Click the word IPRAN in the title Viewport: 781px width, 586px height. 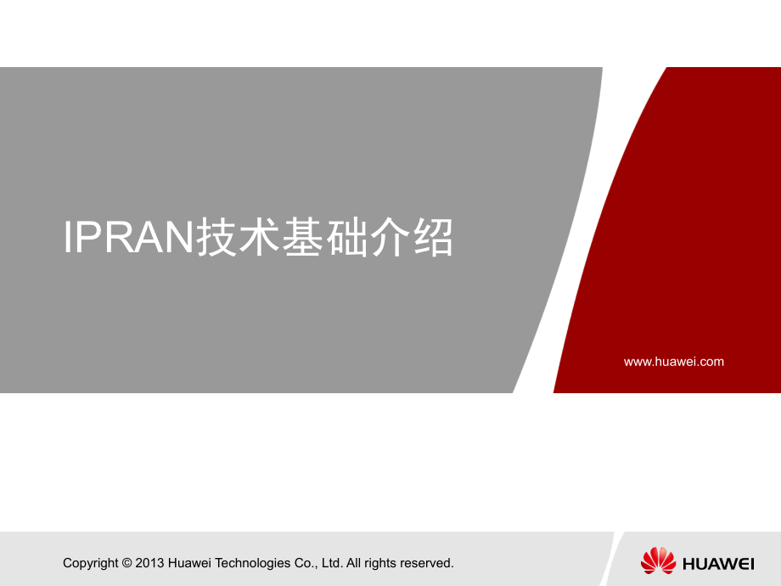pos(128,237)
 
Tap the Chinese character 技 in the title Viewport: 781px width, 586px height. pos(216,237)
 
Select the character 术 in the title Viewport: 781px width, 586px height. pos(259,237)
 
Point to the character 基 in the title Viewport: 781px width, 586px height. pos(303,237)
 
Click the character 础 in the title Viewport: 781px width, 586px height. pos(346,237)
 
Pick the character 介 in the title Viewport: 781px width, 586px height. pos(390,237)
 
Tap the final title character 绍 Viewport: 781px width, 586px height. pos(433,237)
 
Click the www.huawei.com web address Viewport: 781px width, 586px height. pos(674,362)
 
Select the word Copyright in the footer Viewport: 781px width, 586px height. pos(91,563)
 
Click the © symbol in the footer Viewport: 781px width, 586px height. pos(127,563)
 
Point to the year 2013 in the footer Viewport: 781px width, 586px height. pos(149,563)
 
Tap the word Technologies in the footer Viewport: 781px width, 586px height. pos(252,563)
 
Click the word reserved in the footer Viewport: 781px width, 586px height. pos(427,563)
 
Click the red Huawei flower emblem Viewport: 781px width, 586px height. pos(658,561)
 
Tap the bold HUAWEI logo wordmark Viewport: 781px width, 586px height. pos(718,564)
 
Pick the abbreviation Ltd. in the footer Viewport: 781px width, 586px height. pos(332,563)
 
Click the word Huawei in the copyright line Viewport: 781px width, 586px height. pos(190,563)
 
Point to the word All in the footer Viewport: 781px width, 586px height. pos(354,563)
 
